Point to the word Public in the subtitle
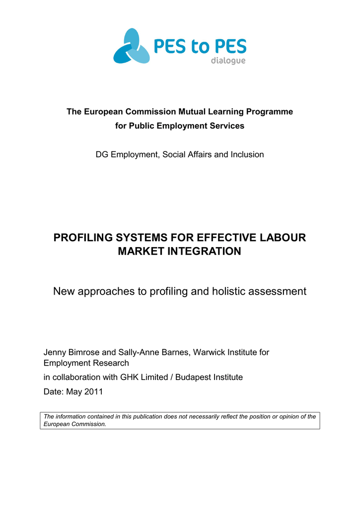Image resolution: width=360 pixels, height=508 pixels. pos(143,126)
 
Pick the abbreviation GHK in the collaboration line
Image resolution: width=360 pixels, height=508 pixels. pos(130,377)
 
